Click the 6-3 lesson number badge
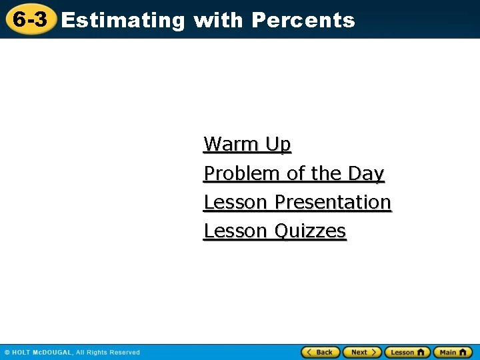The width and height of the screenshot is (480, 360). tap(31, 20)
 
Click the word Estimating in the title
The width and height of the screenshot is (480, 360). tap(123, 21)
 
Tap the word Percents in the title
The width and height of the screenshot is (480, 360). tap(303, 21)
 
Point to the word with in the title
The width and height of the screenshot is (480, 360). tap(218, 21)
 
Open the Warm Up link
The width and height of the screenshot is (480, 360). tap(247, 144)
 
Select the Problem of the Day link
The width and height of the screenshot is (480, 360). tap(294, 173)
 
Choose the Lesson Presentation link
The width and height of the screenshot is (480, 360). tap(297, 202)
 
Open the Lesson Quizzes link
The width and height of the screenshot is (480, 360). tap(275, 231)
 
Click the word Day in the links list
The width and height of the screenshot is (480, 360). tap(366, 173)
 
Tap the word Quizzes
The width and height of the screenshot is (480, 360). tap(311, 231)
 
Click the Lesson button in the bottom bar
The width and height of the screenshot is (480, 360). tap(407, 352)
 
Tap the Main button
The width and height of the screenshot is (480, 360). tap(453, 352)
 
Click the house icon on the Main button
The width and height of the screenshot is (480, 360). tap(464, 352)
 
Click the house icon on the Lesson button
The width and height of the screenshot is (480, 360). tap(421, 352)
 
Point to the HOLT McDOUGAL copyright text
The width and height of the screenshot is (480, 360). tap(72, 352)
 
